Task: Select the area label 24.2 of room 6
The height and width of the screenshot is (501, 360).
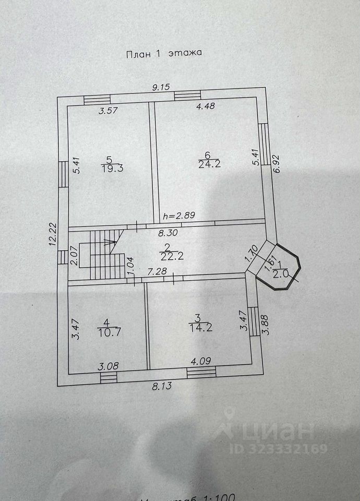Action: (x=208, y=164)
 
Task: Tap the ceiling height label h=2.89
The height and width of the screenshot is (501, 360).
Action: (x=179, y=215)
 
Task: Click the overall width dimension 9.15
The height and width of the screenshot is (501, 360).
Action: (x=162, y=88)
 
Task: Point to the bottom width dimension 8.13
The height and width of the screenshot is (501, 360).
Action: (x=161, y=387)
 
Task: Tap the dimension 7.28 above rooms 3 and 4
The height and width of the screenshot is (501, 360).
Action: (x=157, y=271)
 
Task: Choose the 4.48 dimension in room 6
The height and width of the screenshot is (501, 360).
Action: (x=206, y=106)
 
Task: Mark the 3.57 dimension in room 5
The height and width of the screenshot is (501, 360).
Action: (x=109, y=110)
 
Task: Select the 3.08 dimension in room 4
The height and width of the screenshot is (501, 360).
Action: (x=108, y=367)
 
